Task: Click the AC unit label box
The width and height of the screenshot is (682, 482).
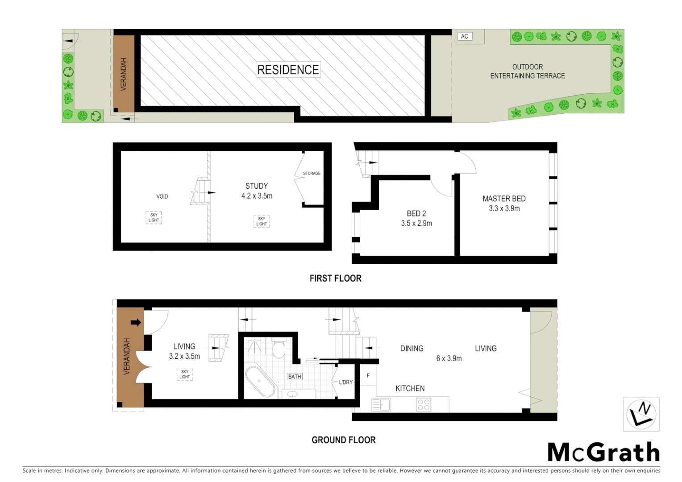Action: tap(465, 37)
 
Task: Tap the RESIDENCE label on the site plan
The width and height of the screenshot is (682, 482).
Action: tap(288, 70)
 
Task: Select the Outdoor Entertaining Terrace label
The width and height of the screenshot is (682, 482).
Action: tap(528, 71)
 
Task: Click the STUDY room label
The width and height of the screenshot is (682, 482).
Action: tap(257, 186)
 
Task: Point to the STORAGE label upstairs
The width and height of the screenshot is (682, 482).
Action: tap(312, 173)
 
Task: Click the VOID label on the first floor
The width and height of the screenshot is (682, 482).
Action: tap(162, 196)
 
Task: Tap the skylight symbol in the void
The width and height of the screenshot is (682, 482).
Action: tap(154, 217)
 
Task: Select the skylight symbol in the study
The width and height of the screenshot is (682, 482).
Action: tap(262, 221)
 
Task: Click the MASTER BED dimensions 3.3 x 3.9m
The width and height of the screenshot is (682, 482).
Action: tap(504, 208)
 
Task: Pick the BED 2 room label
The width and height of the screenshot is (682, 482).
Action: tap(416, 213)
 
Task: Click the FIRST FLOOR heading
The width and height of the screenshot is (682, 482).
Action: tap(336, 278)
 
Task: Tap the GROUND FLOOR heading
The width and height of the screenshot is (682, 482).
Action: tap(344, 440)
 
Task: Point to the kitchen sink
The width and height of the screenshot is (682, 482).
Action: tap(381, 405)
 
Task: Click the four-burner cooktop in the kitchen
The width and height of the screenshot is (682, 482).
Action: tap(424, 405)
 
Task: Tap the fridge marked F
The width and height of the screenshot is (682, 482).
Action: tap(368, 376)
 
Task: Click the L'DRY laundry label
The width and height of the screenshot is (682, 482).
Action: tap(345, 382)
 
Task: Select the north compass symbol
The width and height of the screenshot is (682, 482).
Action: tap(641, 415)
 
